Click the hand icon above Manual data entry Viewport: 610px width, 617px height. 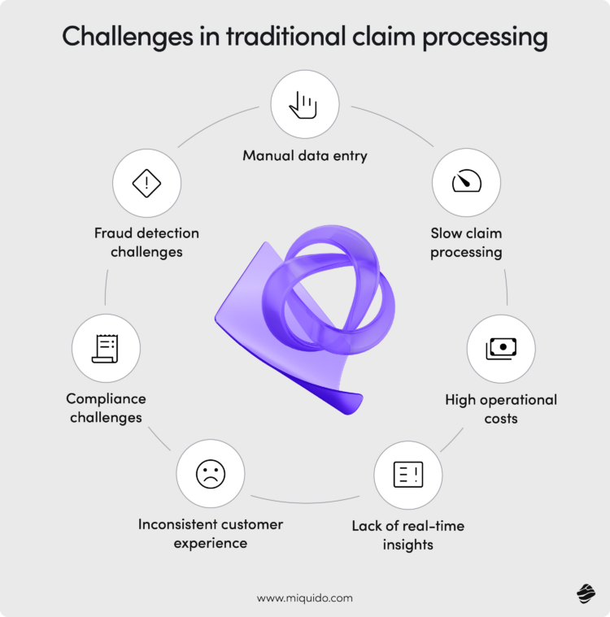304,104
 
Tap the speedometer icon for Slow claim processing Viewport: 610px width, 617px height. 466,181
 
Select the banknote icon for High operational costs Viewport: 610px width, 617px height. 500,349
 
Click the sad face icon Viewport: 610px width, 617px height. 210,474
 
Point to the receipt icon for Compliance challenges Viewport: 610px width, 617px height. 106,348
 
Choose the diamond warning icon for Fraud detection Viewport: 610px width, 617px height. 146,183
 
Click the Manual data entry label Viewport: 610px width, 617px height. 305,154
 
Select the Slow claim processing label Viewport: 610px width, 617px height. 466,242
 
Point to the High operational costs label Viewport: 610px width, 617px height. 501,409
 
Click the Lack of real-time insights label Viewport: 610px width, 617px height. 407,535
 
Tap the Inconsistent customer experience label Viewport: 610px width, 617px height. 210,533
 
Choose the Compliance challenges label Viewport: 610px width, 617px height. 106,408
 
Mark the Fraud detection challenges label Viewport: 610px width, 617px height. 146,242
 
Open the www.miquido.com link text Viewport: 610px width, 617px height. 305,597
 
